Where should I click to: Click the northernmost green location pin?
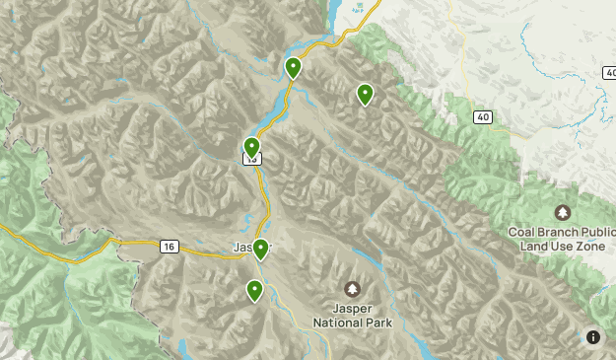pyautogui.click(x=293, y=67)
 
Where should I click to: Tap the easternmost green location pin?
pyautogui.click(x=365, y=94)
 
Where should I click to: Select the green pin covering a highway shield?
pyautogui.click(x=251, y=148)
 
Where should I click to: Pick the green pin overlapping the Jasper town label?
pyautogui.click(x=260, y=249)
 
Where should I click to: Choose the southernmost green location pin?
pyautogui.click(x=255, y=290)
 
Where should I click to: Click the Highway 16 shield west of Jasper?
pyautogui.click(x=170, y=246)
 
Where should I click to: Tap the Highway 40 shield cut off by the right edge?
pyautogui.click(x=610, y=73)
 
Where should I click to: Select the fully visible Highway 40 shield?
pyautogui.click(x=482, y=117)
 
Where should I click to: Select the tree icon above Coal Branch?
pyautogui.click(x=563, y=212)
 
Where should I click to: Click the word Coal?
pyautogui.click(x=524, y=233)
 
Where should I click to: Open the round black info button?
pyautogui.click(x=593, y=337)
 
